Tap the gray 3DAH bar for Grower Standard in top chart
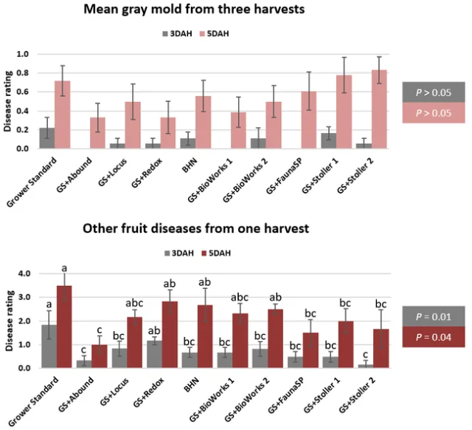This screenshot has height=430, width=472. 47,138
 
